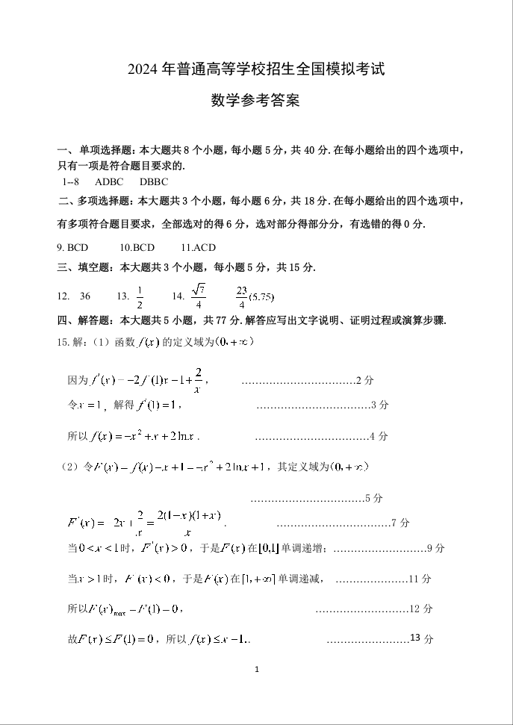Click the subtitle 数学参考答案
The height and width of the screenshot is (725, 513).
coord(255,100)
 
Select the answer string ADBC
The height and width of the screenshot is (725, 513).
coord(109,181)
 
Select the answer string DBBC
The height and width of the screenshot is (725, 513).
coord(154,181)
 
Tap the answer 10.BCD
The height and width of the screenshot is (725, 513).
coord(137,247)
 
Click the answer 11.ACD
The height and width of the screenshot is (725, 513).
coord(198,247)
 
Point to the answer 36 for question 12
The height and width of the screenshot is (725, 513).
coord(85,296)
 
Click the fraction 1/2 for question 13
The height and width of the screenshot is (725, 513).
coord(140,296)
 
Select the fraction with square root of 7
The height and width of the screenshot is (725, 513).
coord(198,296)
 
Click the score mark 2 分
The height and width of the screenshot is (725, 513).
coord(364,380)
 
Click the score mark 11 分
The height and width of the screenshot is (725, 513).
coord(421,579)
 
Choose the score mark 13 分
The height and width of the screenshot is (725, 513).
coord(422,638)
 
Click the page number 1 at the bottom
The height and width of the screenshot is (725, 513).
coord(256,670)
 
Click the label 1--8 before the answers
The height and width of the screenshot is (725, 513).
coord(72,181)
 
